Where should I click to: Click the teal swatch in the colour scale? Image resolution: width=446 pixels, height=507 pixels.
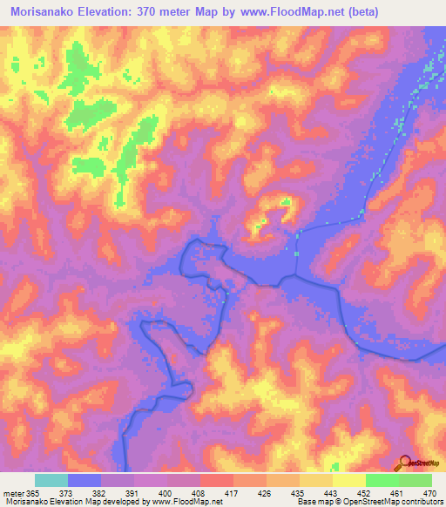pos(51,480)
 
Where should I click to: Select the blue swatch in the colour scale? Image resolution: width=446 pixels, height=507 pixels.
pos(84,480)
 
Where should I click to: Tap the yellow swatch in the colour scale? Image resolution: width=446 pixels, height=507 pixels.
pos(349,480)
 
